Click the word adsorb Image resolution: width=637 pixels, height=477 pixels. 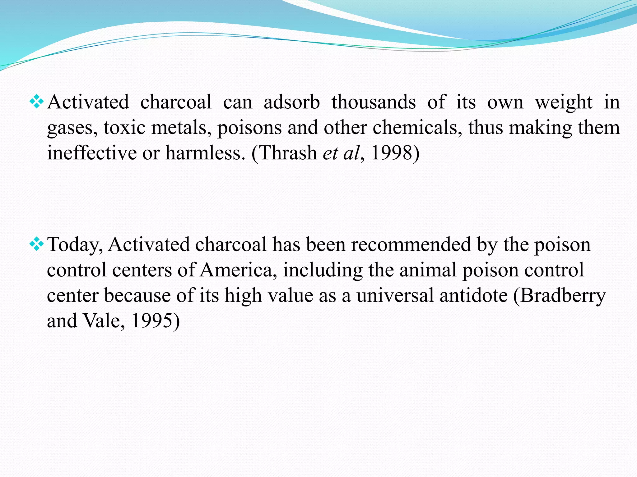tap(291, 102)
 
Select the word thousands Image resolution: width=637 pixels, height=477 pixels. tap(373, 102)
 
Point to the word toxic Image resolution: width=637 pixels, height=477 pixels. tap(124, 128)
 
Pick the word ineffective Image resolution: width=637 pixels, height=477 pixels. tap(92, 153)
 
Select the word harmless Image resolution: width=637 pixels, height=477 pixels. tap(203, 153)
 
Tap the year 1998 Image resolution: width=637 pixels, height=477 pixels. tap(392, 153)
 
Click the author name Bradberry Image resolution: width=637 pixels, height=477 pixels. tap(563, 296)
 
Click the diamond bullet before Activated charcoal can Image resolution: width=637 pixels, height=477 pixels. tap(36, 102)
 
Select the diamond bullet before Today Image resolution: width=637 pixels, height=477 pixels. tap(36, 244)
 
